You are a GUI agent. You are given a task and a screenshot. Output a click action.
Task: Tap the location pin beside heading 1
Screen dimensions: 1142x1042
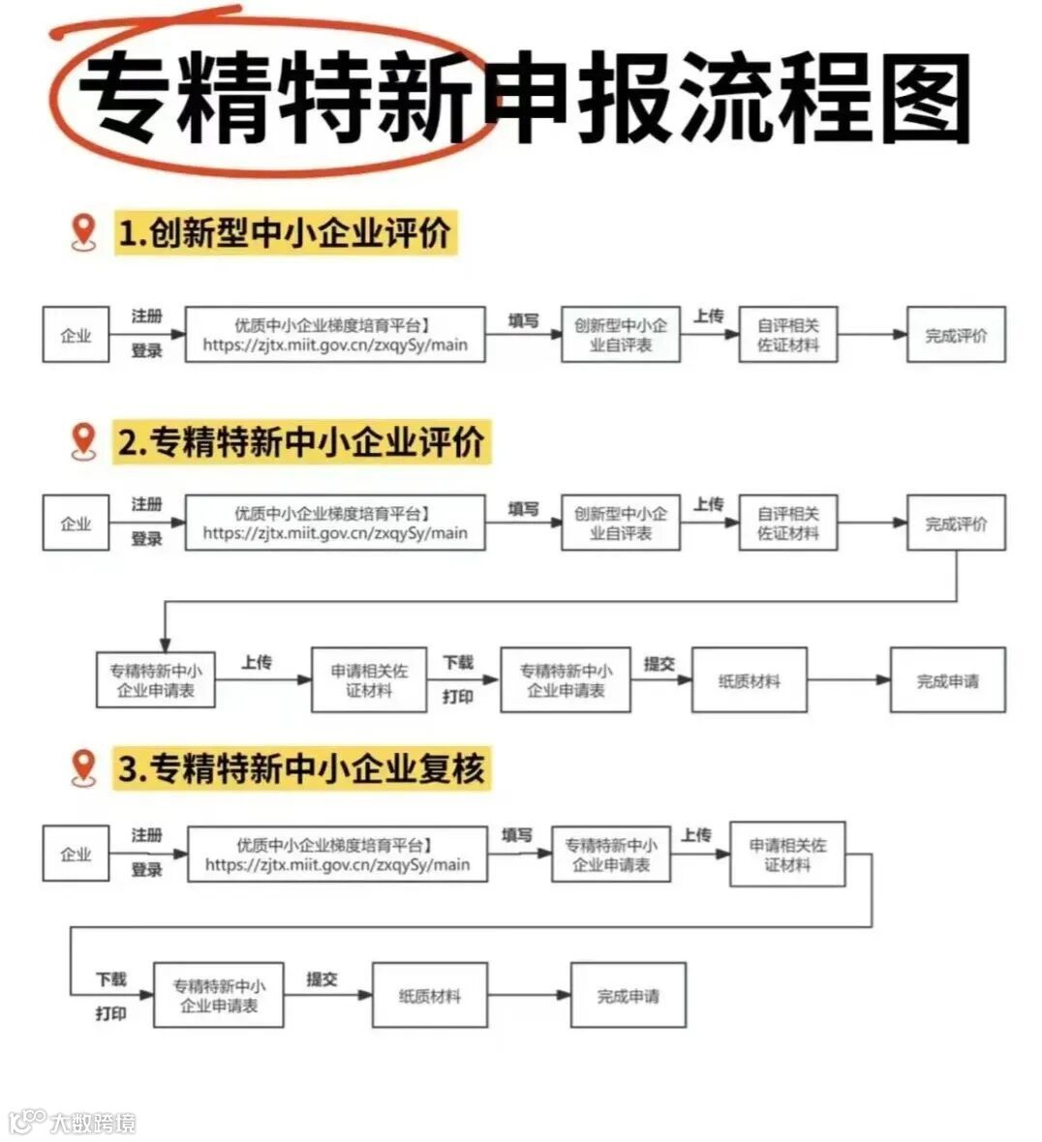[85, 233]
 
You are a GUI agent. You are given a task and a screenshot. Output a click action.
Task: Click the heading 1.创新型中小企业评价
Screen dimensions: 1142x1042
[285, 233]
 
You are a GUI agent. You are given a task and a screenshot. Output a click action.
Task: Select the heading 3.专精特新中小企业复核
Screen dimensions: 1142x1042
[301, 768]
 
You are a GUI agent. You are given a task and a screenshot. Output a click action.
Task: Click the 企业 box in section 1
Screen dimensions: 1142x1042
[76, 335]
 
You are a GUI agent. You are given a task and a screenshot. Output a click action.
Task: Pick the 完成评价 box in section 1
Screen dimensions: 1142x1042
[956, 335]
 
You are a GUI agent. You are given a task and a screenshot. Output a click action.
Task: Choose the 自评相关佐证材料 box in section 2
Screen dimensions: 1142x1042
[787, 523]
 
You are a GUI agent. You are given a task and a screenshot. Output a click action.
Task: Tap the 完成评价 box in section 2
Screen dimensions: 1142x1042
[956, 523]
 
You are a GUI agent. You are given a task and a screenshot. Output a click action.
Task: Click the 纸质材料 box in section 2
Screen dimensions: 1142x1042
[749, 680]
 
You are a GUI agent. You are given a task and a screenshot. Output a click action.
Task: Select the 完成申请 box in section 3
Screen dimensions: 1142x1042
[628, 995]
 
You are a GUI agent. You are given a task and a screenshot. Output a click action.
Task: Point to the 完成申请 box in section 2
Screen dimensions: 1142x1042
[947, 680]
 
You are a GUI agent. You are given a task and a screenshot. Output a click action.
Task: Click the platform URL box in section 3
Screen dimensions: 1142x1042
[337, 854]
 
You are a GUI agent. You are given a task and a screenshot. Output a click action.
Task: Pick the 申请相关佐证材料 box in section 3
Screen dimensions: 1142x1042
[786, 854]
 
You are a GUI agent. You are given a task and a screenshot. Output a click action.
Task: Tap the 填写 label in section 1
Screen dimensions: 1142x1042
[523, 320]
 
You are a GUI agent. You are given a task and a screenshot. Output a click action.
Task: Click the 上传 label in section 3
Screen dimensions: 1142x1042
[695, 834]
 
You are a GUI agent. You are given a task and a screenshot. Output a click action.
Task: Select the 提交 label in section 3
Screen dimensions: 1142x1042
[322, 978]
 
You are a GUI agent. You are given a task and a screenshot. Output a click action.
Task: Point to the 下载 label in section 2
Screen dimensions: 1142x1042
[458, 662]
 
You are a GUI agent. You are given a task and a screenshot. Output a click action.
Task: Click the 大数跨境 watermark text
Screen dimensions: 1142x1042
[93, 1123]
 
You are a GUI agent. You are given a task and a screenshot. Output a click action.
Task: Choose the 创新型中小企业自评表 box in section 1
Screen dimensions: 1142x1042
[620, 335]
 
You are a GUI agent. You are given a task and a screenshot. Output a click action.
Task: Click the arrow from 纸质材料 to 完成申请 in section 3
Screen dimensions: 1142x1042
[529, 995]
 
